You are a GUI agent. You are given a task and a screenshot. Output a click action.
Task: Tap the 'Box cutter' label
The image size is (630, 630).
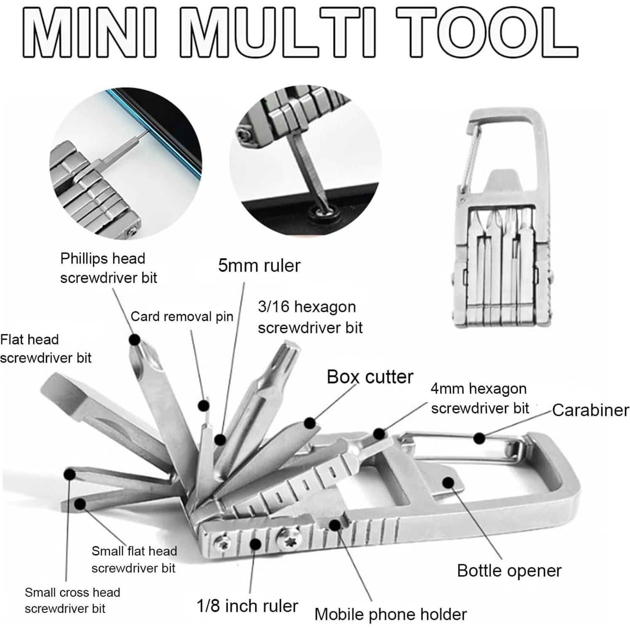[x=370, y=377]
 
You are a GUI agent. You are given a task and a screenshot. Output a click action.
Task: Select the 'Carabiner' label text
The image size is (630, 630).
[x=590, y=410]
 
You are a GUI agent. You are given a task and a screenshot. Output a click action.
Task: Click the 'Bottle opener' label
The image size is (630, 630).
[x=509, y=571]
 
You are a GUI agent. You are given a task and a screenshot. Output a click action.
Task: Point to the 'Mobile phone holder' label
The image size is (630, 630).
[x=390, y=614]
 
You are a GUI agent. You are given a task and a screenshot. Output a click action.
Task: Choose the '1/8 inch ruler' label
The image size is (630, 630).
[x=247, y=606]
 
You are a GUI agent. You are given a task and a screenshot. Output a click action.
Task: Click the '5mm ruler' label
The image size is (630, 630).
[x=259, y=266]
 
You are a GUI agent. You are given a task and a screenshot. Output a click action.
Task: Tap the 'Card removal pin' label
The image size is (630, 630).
[x=182, y=317]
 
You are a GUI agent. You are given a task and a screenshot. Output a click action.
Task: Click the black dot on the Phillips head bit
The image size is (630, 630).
[x=135, y=339]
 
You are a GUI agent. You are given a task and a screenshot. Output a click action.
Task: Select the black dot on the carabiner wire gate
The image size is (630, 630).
[x=479, y=438]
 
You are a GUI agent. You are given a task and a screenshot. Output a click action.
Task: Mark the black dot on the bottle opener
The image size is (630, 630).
[x=448, y=483]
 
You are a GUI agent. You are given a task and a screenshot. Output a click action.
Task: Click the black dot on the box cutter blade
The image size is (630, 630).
[x=310, y=423]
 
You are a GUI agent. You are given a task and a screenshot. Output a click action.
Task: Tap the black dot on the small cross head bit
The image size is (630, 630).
[x=69, y=474]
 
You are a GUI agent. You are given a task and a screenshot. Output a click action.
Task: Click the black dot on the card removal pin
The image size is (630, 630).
[x=204, y=406]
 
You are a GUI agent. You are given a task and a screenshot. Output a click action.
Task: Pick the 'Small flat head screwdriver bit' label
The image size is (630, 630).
[x=133, y=560]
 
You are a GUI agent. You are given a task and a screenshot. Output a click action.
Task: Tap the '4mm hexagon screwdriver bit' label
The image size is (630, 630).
[x=479, y=398]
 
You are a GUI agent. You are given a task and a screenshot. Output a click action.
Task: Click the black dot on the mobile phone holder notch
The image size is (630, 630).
[x=335, y=525]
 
